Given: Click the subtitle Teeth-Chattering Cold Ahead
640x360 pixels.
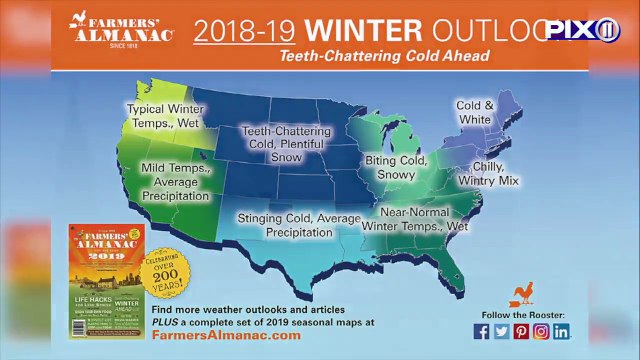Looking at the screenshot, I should [384, 56].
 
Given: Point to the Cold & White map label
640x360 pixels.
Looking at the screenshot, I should [475, 112].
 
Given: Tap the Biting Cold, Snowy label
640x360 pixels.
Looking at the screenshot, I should [396, 167].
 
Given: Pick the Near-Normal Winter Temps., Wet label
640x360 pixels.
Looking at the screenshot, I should [425, 220].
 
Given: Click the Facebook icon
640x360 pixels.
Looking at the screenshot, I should [481, 331].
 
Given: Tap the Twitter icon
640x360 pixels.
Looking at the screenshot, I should [501, 331].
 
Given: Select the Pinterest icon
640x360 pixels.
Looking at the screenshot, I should [521, 331].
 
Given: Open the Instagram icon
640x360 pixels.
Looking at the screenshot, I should [541, 331].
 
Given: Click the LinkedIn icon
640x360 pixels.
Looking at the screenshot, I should [562, 331].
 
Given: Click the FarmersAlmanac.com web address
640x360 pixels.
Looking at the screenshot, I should [226, 336].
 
